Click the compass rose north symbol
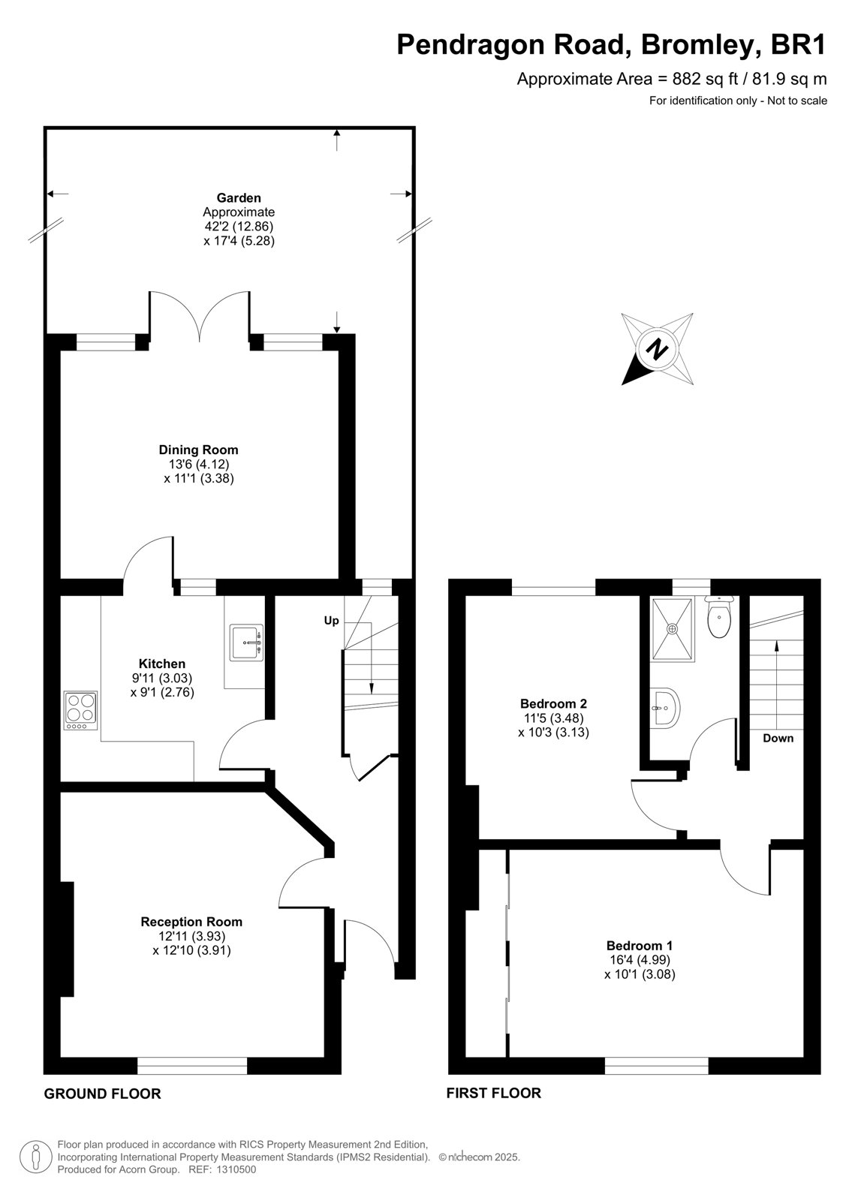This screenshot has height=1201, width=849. [x=657, y=349]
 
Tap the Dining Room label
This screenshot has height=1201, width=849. [x=198, y=450]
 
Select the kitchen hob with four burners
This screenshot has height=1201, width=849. [x=80, y=710]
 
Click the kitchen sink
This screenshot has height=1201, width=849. [x=246, y=642]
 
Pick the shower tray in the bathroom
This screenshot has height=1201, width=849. [x=672, y=629]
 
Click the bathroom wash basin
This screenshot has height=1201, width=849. [x=665, y=709]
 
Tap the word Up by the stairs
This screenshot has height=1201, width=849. [x=332, y=621]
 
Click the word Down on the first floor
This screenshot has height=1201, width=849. [x=778, y=739]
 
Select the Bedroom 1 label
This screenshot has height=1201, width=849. [x=640, y=945]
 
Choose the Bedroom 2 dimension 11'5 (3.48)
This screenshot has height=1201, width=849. [x=553, y=718]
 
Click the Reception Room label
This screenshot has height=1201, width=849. [x=191, y=922]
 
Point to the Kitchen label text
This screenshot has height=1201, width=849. [x=162, y=664]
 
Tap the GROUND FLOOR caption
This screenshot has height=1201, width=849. [x=102, y=1094]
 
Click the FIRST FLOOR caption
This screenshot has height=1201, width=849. [x=493, y=1093]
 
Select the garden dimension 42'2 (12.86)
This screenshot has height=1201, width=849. [x=239, y=226]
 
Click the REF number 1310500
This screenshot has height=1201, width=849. [x=236, y=1169]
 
